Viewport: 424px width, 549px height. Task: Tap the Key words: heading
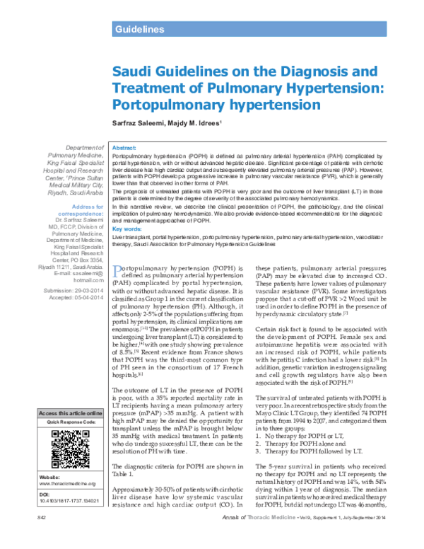tap(129, 209)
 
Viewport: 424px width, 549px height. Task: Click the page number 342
tap(42, 540)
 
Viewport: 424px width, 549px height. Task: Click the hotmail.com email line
tap(88, 279)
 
